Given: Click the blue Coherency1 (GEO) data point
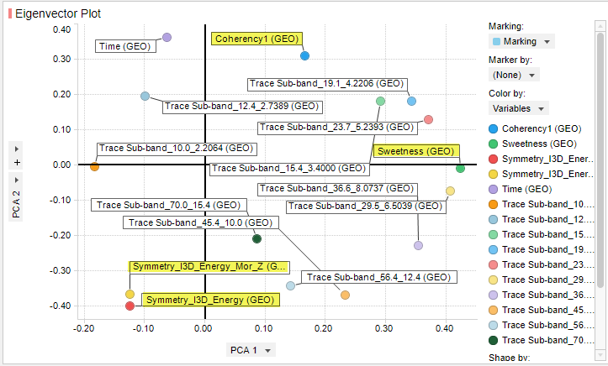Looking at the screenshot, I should pos(305,55).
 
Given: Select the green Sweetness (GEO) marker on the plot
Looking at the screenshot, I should pos(460,169).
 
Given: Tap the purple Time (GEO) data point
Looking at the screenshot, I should pos(167,38).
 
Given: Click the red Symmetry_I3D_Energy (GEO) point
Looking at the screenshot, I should pos(130,306).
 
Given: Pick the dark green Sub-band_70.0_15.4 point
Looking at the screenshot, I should pos(257,239).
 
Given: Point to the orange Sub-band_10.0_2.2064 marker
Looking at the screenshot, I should pos(94,167).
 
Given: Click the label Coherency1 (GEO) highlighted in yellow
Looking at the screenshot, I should pos(256,39).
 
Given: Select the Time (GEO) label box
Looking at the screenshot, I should pos(124,47).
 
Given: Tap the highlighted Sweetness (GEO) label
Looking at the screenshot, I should pos(415,152).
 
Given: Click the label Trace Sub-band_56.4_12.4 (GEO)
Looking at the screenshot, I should pos(379,277).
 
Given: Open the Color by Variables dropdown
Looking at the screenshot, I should pos(519,108).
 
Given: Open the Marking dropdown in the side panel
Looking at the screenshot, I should pos(521,41).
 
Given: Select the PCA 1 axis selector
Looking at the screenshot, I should pos(251,350).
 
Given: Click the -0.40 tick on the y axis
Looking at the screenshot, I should pos(60,306).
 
